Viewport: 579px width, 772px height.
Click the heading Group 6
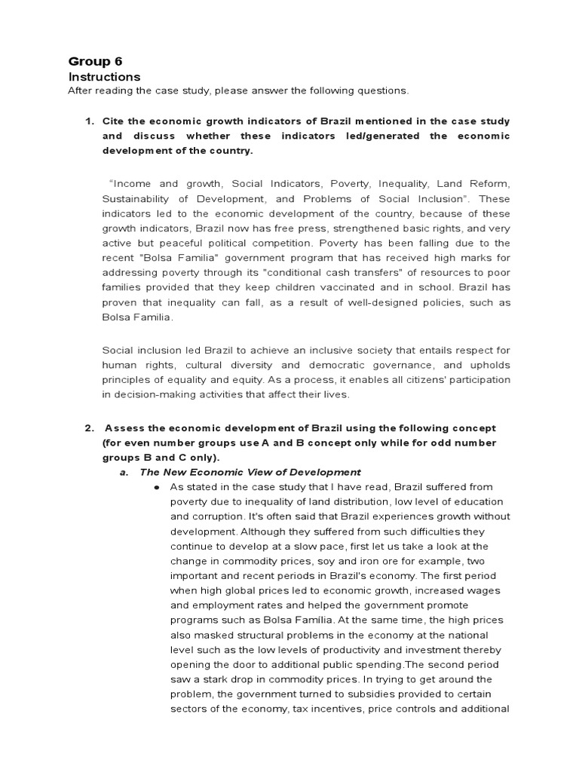[x=95, y=61]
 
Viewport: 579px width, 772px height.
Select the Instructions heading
[x=104, y=77]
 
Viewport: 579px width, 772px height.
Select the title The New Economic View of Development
[x=250, y=472]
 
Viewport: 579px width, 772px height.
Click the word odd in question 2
[x=420, y=443]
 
